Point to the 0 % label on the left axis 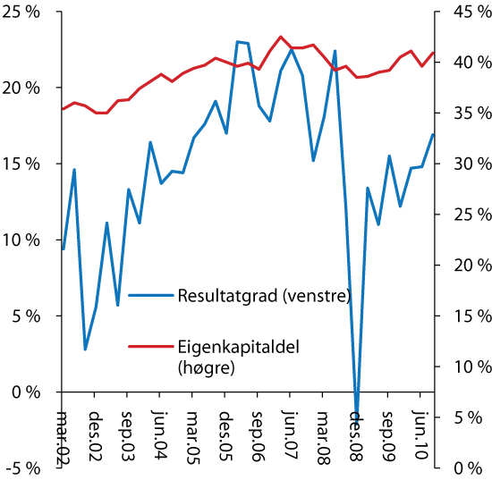pyautogui.click(x=26, y=392)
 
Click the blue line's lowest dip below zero pyautogui.click(x=357, y=414)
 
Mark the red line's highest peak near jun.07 pyautogui.click(x=281, y=37)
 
